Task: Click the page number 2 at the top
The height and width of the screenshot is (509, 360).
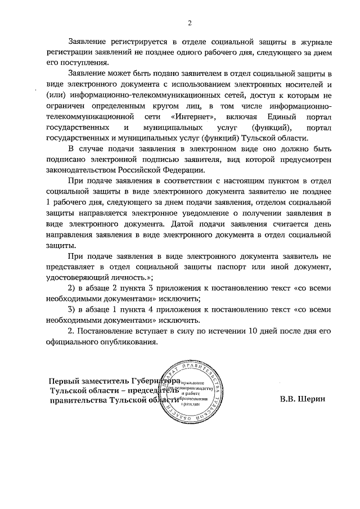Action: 190,23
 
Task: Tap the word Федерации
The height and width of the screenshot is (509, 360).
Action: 181,171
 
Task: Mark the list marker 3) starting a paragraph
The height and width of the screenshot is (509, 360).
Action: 71,310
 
